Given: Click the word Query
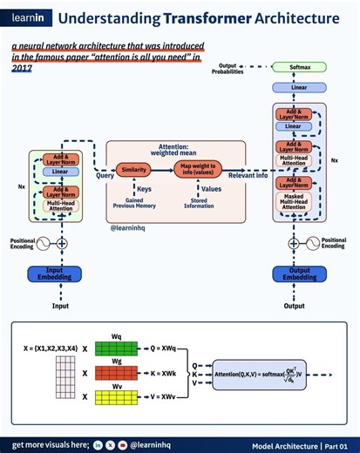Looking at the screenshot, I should pos(105,175).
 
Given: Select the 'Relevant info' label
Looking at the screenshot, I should pos(247,175).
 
